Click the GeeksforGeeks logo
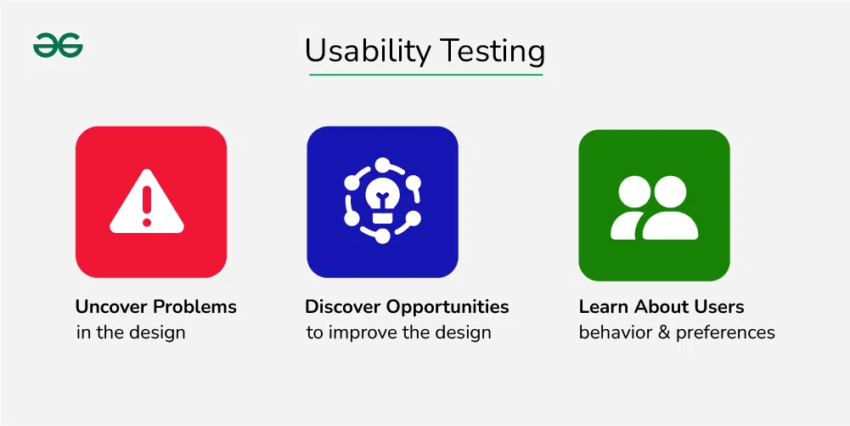coord(58,45)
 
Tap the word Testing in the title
coord(492,52)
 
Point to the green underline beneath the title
coord(425,74)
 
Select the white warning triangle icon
coord(147,202)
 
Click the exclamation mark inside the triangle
coord(147,206)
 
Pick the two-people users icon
coord(655,207)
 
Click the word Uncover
coord(112,307)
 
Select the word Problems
coord(195,307)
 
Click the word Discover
coord(342,307)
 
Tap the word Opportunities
coord(448,308)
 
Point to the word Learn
coord(604,307)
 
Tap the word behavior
coord(616,332)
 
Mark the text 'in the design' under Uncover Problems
coord(131,332)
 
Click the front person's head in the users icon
coord(670,191)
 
